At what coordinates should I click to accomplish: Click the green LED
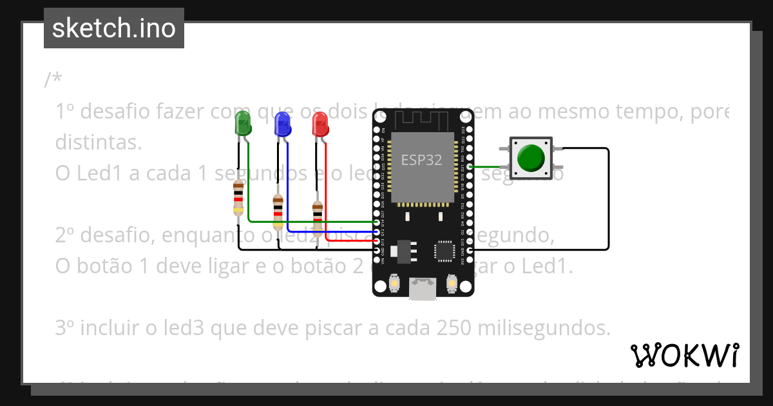click(x=243, y=123)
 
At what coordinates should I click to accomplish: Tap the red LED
click(x=320, y=124)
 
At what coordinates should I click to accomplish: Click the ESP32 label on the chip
click(x=421, y=160)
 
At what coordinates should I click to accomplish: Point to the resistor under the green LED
click(x=238, y=198)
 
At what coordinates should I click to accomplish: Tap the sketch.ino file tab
click(x=114, y=28)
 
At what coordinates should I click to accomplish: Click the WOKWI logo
click(x=684, y=355)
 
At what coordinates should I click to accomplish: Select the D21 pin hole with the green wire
click(x=470, y=167)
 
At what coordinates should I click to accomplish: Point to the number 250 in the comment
click(x=457, y=328)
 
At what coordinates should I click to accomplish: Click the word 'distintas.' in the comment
click(x=98, y=142)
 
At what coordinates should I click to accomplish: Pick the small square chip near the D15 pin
click(x=444, y=251)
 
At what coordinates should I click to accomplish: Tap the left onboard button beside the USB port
click(x=394, y=283)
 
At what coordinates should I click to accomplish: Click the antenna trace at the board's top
click(x=423, y=119)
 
